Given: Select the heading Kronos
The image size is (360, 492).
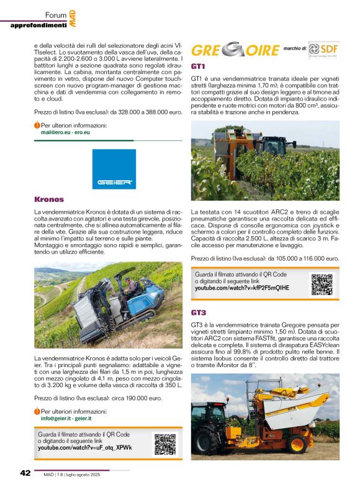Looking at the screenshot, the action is (49, 199).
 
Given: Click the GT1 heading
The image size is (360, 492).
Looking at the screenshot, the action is (199, 66).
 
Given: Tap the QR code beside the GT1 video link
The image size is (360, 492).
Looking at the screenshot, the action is (322, 284).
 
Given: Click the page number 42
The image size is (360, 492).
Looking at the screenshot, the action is (25, 473).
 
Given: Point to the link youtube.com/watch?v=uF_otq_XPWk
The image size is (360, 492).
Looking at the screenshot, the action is (85, 447).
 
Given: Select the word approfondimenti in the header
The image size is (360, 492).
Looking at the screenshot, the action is (38, 25).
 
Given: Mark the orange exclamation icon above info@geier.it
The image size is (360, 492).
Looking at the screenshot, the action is (37, 411).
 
